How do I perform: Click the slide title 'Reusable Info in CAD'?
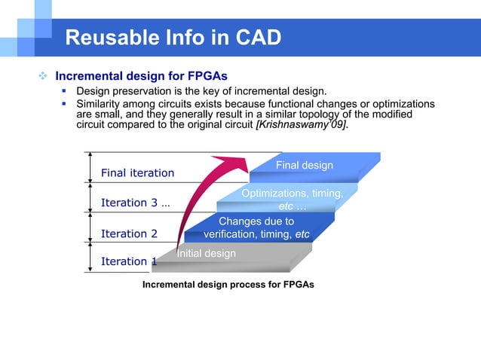[x=173, y=37]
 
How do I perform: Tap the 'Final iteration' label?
[x=137, y=173]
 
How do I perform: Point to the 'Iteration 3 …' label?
[x=135, y=203]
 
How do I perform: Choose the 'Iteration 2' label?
[x=129, y=233]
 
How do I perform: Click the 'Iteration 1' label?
[x=129, y=261]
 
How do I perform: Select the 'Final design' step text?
[x=304, y=165]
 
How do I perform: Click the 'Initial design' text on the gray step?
[x=206, y=254]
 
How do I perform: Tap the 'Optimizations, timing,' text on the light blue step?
[x=293, y=194]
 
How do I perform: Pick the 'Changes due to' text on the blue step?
[x=256, y=221]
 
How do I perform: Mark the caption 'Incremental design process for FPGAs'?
[x=228, y=285]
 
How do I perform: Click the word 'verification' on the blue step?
[x=231, y=234]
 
